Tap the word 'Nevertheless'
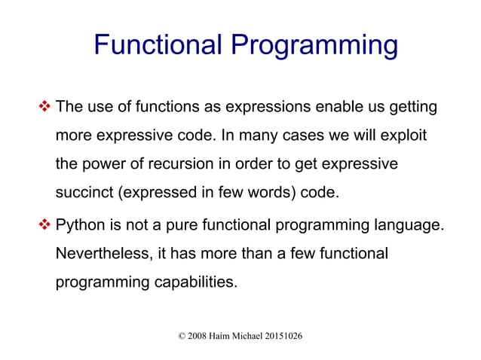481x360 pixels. tap(104, 254)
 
